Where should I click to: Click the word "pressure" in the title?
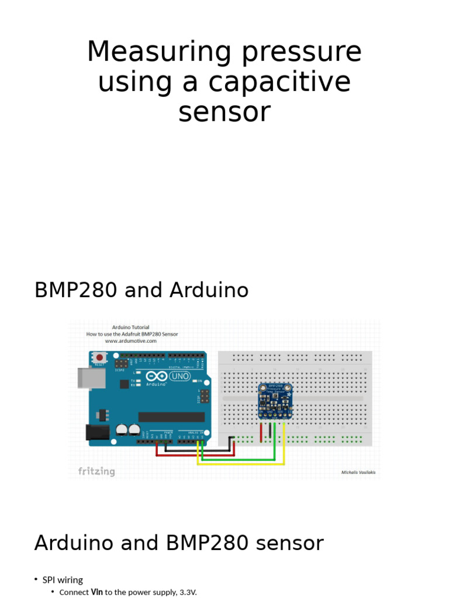tap(302, 53)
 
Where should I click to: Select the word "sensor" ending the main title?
tap(224, 112)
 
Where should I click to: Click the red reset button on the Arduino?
tap(100, 357)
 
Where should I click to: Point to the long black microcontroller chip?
tap(171, 417)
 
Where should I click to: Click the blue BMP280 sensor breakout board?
tap(275, 401)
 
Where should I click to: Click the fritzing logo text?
tap(96, 471)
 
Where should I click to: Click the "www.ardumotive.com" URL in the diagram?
tap(131, 341)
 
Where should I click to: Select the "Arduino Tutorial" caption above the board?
tap(131, 328)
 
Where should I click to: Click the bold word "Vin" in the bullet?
tap(97, 592)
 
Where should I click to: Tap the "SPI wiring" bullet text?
tap(63, 580)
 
